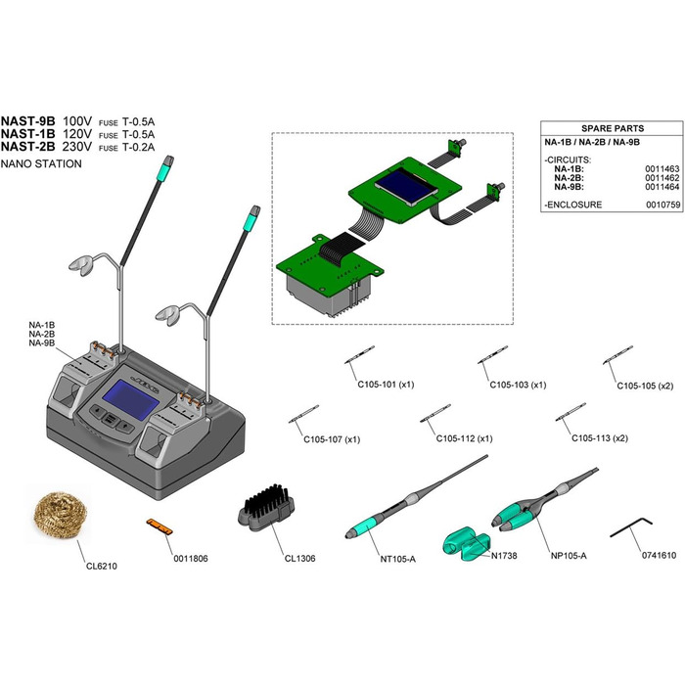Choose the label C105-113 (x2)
point(600,437)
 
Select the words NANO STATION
point(42,163)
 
